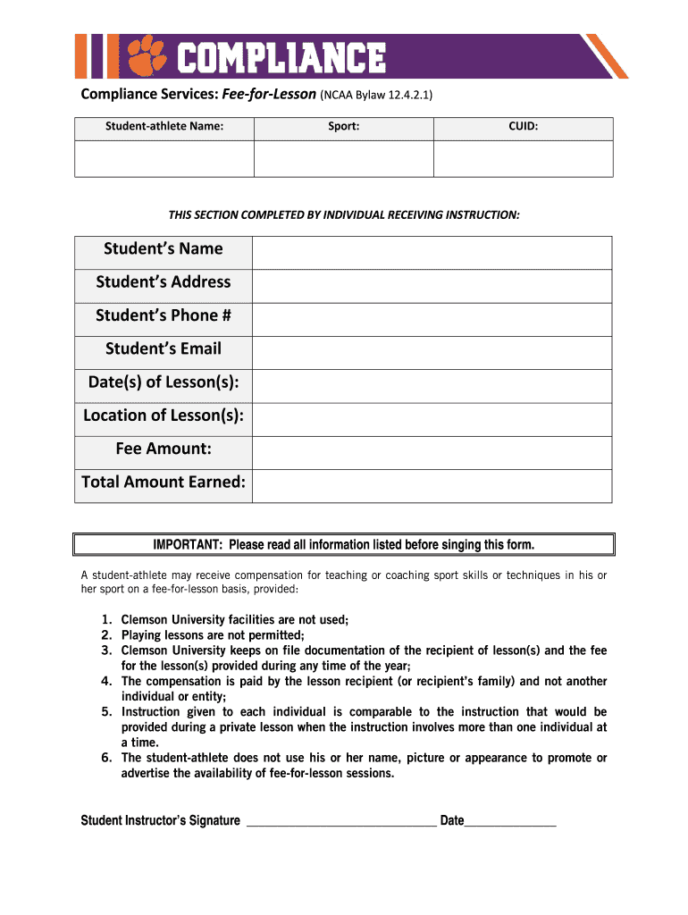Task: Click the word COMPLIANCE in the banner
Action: coord(281,59)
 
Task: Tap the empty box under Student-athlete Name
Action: coord(164,158)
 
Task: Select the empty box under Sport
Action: coord(343,158)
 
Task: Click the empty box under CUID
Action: coord(523,158)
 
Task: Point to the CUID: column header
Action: coord(523,127)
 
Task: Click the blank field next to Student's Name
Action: coord(432,253)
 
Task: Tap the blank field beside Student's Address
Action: coord(432,286)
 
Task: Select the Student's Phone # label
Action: coord(164,315)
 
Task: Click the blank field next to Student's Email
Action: coord(432,353)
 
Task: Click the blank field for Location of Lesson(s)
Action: coord(432,419)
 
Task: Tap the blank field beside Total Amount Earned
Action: coord(432,486)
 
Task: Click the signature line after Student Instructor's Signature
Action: coord(340,822)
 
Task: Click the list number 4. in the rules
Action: coord(105,682)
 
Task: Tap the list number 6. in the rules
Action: coord(105,758)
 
